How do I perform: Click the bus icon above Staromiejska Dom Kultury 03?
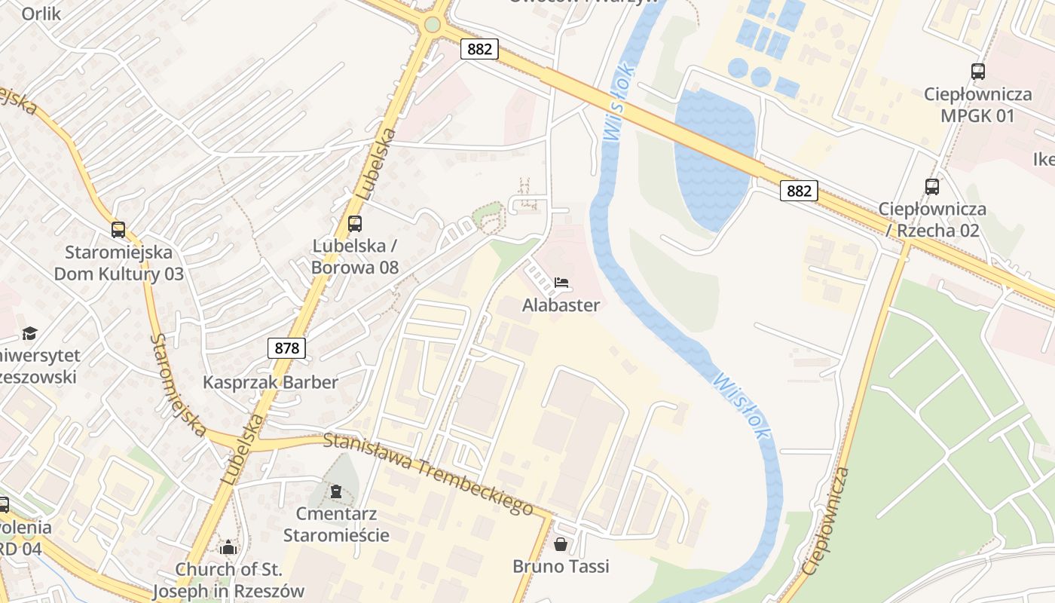pyautogui.click(x=118, y=230)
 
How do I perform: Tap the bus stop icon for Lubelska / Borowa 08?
pyautogui.click(x=355, y=224)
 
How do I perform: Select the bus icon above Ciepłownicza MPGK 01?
pyautogui.click(x=978, y=72)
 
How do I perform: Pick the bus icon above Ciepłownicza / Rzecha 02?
pyautogui.click(x=932, y=187)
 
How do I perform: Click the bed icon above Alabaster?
pyautogui.click(x=561, y=283)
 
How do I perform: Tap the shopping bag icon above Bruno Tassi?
pyautogui.click(x=561, y=544)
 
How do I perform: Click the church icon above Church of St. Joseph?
pyautogui.click(x=228, y=546)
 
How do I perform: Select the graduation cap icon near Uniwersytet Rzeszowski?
pyautogui.click(x=29, y=333)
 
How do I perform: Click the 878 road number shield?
pyautogui.click(x=287, y=348)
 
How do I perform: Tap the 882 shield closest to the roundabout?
pyautogui.click(x=479, y=49)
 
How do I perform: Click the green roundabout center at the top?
pyautogui.click(x=432, y=25)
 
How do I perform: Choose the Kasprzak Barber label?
pyautogui.click(x=271, y=382)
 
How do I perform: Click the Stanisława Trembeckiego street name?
pyautogui.click(x=429, y=473)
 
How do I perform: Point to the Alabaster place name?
pyautogui.click(x=561, y=305)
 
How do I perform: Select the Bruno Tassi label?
pyautogui.click(x=561, y=566)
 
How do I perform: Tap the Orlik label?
pyautogui.click(x=41, y=13)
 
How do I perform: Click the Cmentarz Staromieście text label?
pyautogui.click(x=336, y=525)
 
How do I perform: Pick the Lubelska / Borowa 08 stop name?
pyautogui.click(x=355, y=256)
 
